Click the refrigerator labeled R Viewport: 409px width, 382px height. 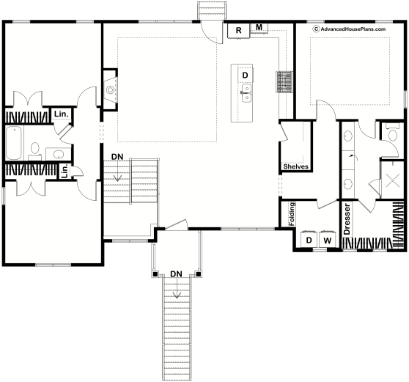[238, 31]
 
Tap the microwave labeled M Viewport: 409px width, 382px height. [259, 28]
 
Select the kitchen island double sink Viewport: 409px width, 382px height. [246, 93]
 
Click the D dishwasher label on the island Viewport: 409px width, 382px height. [245, 75]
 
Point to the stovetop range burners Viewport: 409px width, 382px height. [284, 81]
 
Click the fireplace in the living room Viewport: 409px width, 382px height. [111, 89]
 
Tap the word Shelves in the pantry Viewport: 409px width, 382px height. [295, 166]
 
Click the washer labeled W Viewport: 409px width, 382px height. [328, 240]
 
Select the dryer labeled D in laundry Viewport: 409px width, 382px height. [309, 240]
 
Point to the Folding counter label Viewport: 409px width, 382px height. [292, 214]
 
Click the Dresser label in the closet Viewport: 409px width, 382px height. [347, 219]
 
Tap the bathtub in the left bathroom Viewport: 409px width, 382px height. [14, 143]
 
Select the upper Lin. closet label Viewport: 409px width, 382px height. [62, 114]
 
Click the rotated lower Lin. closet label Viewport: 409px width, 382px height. [65, 172]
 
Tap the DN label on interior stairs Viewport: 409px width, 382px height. [117, 157]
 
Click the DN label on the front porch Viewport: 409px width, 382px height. [176, 274]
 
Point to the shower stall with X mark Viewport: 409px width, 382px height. [393, 180]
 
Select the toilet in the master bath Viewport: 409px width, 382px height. [392, 133]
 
